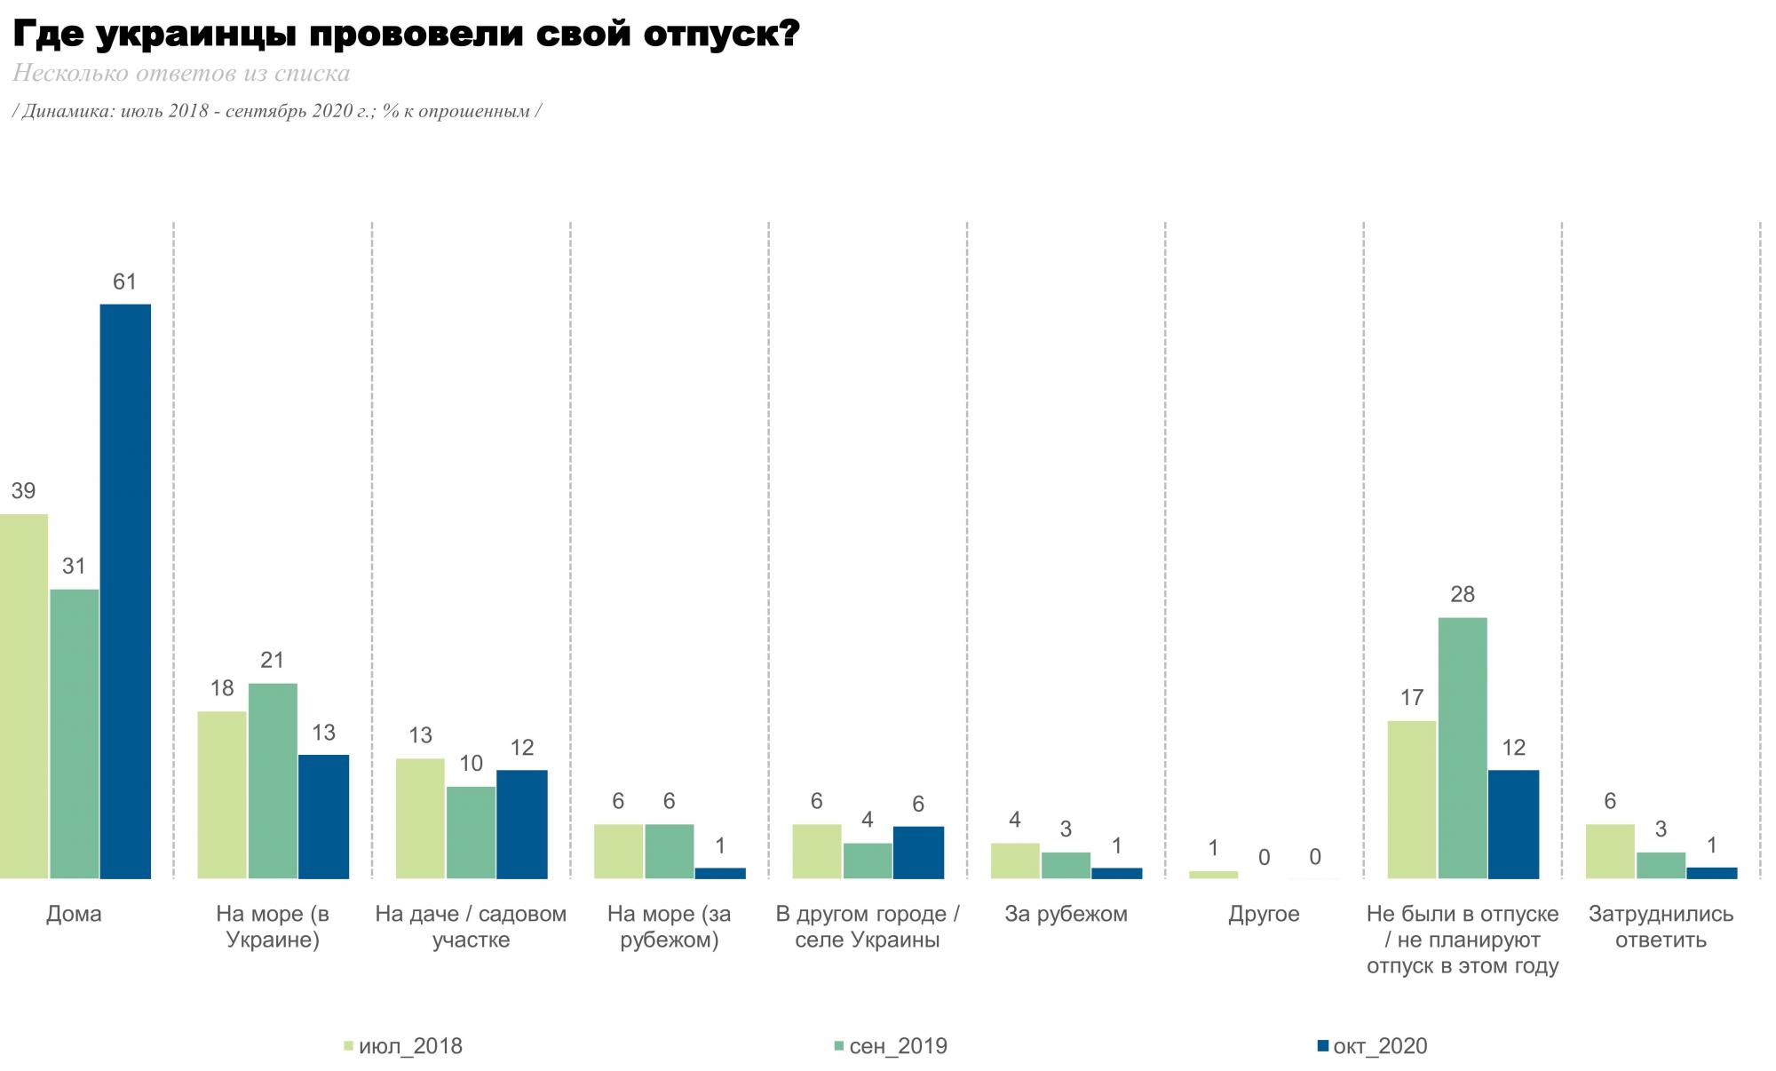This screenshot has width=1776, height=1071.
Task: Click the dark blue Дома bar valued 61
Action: point(125,591)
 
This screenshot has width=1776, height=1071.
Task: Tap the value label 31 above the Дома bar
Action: point(74,566)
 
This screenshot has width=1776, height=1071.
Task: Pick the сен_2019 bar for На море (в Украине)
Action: point(273,781)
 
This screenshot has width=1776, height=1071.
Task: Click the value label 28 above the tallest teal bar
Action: point(1463,594)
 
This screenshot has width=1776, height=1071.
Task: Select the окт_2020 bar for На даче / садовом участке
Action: point(522,824)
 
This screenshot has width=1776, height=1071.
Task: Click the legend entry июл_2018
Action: point(409,1046)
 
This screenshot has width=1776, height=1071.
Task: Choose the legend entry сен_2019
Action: point(897,1046)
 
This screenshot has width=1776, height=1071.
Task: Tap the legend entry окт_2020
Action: point(1379,1046)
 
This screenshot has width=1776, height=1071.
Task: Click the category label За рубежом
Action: point(1066,914)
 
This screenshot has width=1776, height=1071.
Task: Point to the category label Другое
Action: point(1264,914)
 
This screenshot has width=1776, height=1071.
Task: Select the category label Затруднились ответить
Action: point(1661,926)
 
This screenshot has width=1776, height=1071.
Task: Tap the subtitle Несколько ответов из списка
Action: point(181,73)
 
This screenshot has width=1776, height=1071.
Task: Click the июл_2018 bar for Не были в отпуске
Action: point(1412,799)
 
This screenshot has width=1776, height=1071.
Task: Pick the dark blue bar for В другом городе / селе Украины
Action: point(918,853)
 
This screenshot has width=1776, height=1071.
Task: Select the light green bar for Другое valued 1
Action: point(1213,875)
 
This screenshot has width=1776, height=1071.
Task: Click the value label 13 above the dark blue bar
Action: point(323,733)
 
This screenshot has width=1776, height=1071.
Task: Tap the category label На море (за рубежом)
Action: point(669,926)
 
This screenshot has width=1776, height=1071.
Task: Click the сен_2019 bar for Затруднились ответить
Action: point(1661,865)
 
